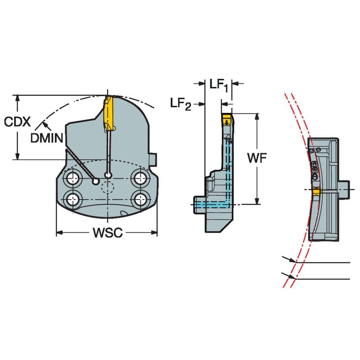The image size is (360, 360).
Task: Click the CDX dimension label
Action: (x=17, y=122)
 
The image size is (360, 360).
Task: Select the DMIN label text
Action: (x=47, y=138)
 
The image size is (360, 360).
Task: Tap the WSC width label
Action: (x=107, y=233)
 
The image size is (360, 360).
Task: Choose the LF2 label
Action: (x=181, y=103)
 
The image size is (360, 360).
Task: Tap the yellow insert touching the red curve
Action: (x=316, y=192)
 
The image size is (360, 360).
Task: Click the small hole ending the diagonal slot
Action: (x=97, y=181)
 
